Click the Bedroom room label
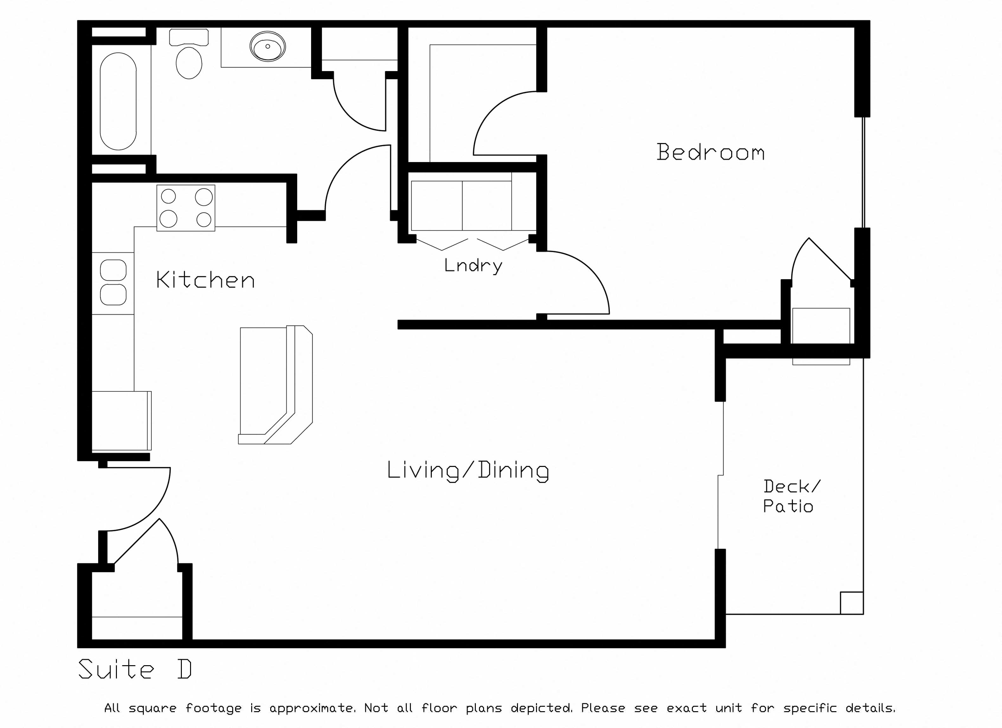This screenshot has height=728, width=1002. [x=711, y=152]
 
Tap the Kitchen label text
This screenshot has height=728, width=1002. [x=205, y=280]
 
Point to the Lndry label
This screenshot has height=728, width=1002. [x=473, y=266]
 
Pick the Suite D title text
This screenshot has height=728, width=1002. [x=135, y=669]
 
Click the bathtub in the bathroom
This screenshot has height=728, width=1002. [x=118, y=101]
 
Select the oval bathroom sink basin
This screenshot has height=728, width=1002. [x=268, y=46]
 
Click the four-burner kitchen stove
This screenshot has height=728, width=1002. [x=186, y=208]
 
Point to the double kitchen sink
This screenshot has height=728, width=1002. [x=113, y=282]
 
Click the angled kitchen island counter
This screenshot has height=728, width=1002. [x=275, y=385]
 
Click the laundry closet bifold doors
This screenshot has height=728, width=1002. [x=473, y=245]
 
